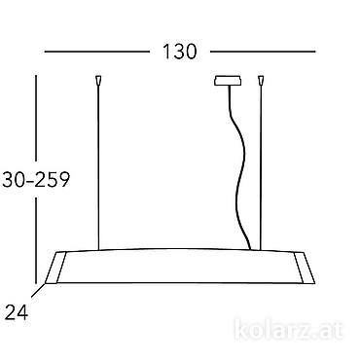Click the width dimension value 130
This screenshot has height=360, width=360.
pyautogui.click(x=180, y=52)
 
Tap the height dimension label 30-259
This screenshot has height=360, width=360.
pyautogui.click(x=36, y=179)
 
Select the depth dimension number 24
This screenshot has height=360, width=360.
pyautogui.click(x=17, y=312)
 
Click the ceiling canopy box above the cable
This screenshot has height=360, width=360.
pyautogui.click(x=228, y=81)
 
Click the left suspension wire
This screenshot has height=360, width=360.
pyautogui.click(x=98, y=166)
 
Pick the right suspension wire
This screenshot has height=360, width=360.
pyautogui.click(x=261, y=166)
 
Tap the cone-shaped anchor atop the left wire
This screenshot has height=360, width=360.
pyautogui.click(x=98, y=80)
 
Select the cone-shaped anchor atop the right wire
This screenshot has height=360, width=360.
pyautogui.click(x=261, y=80)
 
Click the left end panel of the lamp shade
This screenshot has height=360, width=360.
pyautogui.click(x=55, y=268)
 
